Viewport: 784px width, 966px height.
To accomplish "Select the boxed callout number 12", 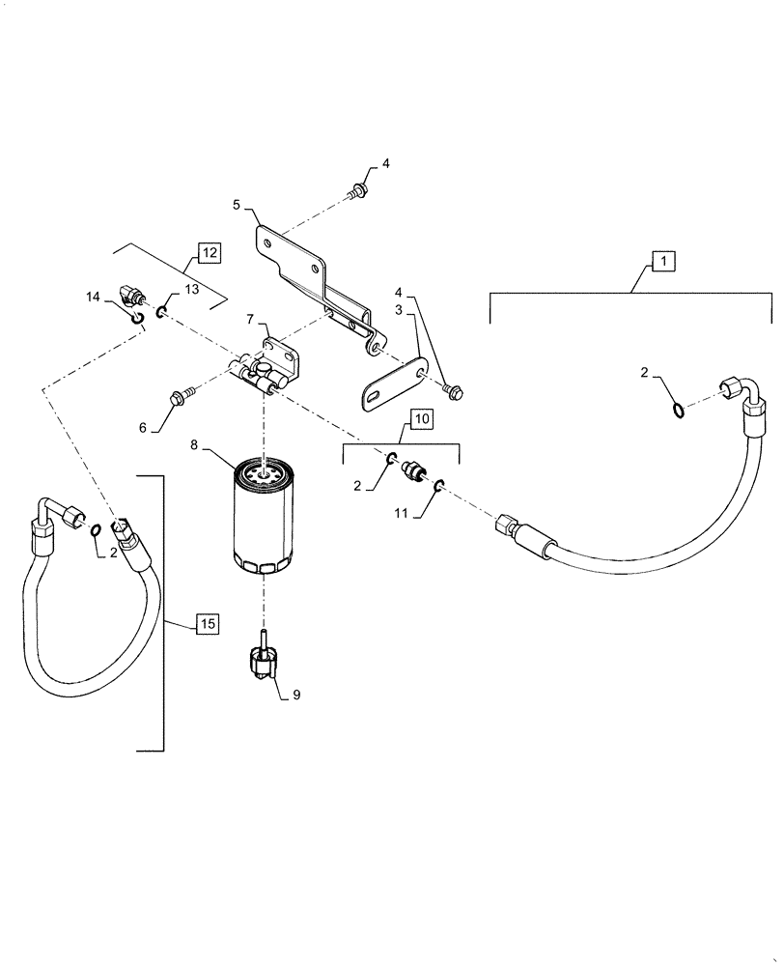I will pyautogui.click(x=210, y=253).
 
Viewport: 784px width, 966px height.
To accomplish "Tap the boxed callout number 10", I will pyautogui.click(x=422, y=418).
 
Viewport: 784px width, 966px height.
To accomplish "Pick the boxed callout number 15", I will pyautogui.click(x=208, y=624).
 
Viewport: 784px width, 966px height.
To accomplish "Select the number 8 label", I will pyautogui.click(x=194, y=446).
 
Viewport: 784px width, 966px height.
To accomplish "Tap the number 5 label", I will pyautogui.click(x=237, y=204).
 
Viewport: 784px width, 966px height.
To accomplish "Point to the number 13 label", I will pyautogui.click(x=191, y=289).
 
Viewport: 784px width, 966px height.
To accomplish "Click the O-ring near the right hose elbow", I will pyautogui.click(x=680, y=410).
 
